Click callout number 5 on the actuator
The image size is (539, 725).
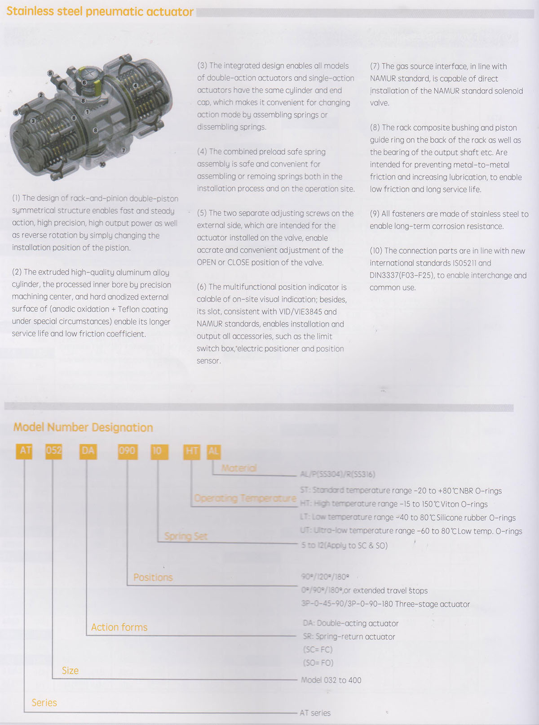[51, 73]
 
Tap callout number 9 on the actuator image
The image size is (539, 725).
[16, 112]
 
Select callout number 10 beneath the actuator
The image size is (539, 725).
[102, 164]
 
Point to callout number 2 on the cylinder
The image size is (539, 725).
[41, 95]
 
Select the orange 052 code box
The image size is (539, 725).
[53, 451]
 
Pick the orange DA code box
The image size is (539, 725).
[88, 451]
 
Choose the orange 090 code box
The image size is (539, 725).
[127, 451]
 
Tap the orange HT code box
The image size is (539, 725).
[192, 451]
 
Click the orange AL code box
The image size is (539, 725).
[213, 451]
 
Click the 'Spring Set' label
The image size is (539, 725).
[186, 536]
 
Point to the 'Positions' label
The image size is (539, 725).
[153, 577]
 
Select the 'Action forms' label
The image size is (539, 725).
[119, 627]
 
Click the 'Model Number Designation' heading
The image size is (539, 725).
[83, 427]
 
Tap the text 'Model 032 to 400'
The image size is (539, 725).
[331, 680]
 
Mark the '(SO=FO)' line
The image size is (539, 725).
[318, 662]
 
